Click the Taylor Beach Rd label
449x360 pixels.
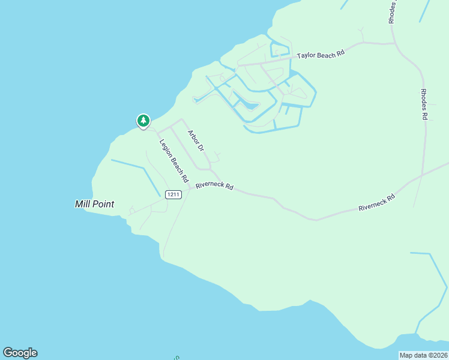321,55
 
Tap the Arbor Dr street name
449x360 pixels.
196,140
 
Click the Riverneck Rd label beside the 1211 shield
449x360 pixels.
214,185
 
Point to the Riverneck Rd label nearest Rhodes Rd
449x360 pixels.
377,202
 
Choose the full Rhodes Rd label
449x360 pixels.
424,104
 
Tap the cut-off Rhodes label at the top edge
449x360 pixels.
393,12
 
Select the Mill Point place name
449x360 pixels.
95,204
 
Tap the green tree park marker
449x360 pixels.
143,121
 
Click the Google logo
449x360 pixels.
20,353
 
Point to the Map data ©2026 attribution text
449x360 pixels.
423,355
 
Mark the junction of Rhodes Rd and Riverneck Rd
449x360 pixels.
423,175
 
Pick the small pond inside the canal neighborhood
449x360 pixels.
247,104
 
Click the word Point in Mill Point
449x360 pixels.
103,204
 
